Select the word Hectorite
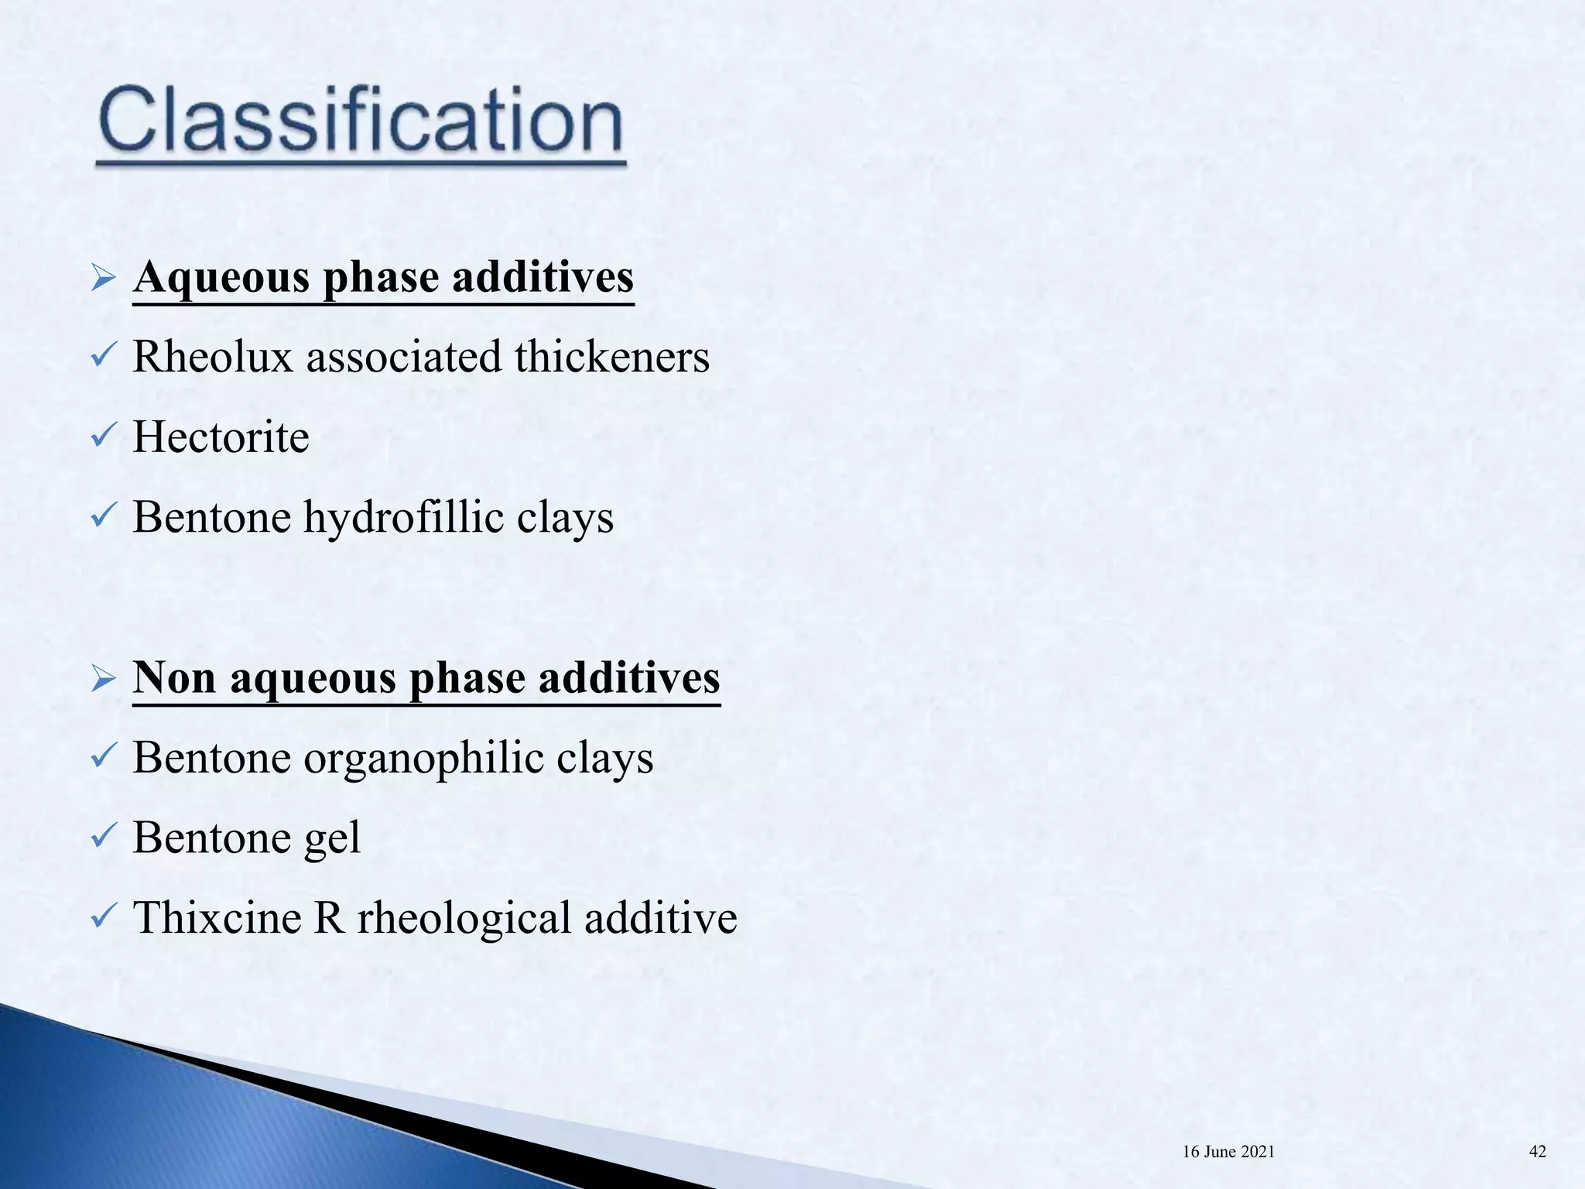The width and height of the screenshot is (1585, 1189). pos(221,437)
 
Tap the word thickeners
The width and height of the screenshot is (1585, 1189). pos(611,357)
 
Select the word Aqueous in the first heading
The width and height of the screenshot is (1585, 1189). pos(221,278)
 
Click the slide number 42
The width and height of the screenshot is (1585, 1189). pos(1537,1151)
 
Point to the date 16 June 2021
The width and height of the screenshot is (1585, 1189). pos(1228,1152)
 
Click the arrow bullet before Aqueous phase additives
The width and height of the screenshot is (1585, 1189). pos(103,278)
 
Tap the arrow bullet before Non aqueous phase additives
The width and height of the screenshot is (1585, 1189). pos(103,678)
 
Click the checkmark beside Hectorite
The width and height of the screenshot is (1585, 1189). pos(102,437)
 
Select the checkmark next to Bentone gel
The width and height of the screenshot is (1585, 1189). pos(102,838)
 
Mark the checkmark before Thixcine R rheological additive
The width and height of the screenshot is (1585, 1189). pos(102,918)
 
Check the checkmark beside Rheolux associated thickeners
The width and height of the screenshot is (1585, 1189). pos(102,357)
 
